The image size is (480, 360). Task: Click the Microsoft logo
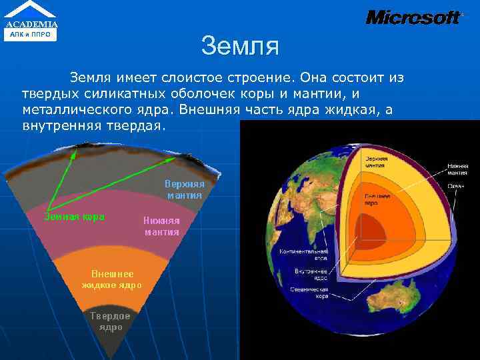click(413, 17)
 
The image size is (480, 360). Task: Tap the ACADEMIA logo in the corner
click(31, 20)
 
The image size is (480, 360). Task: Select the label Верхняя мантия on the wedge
click(185, 190)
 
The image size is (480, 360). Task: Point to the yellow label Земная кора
click(74, 217)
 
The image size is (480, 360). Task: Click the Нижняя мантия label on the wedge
click(161, 226)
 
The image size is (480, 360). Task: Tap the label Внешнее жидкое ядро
click(112, 279)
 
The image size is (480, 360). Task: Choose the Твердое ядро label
click(111, 322)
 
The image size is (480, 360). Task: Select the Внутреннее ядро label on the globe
click(311, 274)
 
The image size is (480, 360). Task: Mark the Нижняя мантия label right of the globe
click(457, 167)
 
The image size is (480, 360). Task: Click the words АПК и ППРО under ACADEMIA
click(31, 33)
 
